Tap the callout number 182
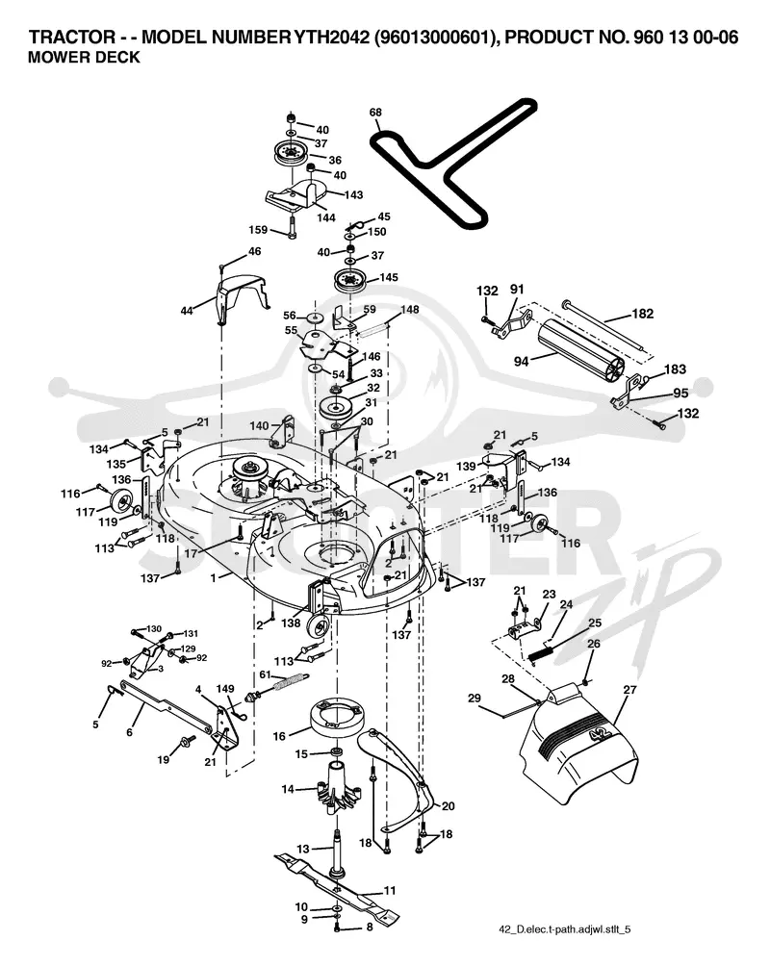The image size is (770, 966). click(642, 314)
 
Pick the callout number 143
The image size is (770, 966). click(353, 194)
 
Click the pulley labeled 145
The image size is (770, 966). click(350, 283)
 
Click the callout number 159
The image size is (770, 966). click(258, 230)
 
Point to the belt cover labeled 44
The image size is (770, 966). click(240, 296)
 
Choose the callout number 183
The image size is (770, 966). click(675, 369)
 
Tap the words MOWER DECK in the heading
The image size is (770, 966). click(85, 58)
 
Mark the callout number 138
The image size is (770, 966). click(291, 623)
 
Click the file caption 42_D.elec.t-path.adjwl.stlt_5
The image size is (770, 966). click(564, 929)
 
